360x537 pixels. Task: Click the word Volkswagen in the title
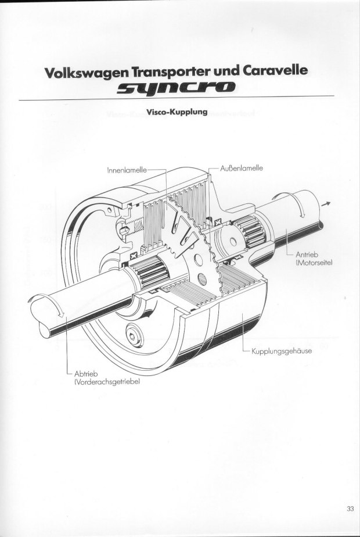point(85,73)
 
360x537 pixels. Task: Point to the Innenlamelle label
point(127,170)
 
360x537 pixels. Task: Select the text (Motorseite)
point(314,263)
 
